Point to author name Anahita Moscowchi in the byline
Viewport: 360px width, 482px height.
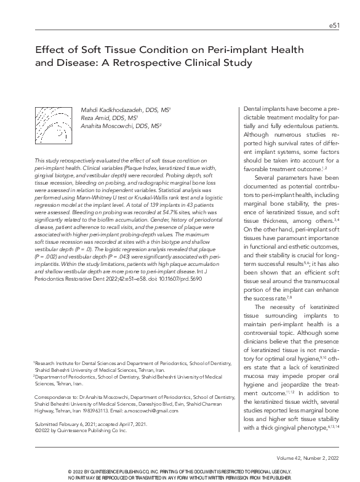[x=114, y=126]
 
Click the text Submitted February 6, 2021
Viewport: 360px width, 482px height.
[x=64, y=425]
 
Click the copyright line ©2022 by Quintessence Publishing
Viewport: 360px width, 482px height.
[x=80, y=431]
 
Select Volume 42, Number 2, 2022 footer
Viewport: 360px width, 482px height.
[x=303, y=459]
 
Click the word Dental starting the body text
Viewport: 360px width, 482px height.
[x=255, y=108]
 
